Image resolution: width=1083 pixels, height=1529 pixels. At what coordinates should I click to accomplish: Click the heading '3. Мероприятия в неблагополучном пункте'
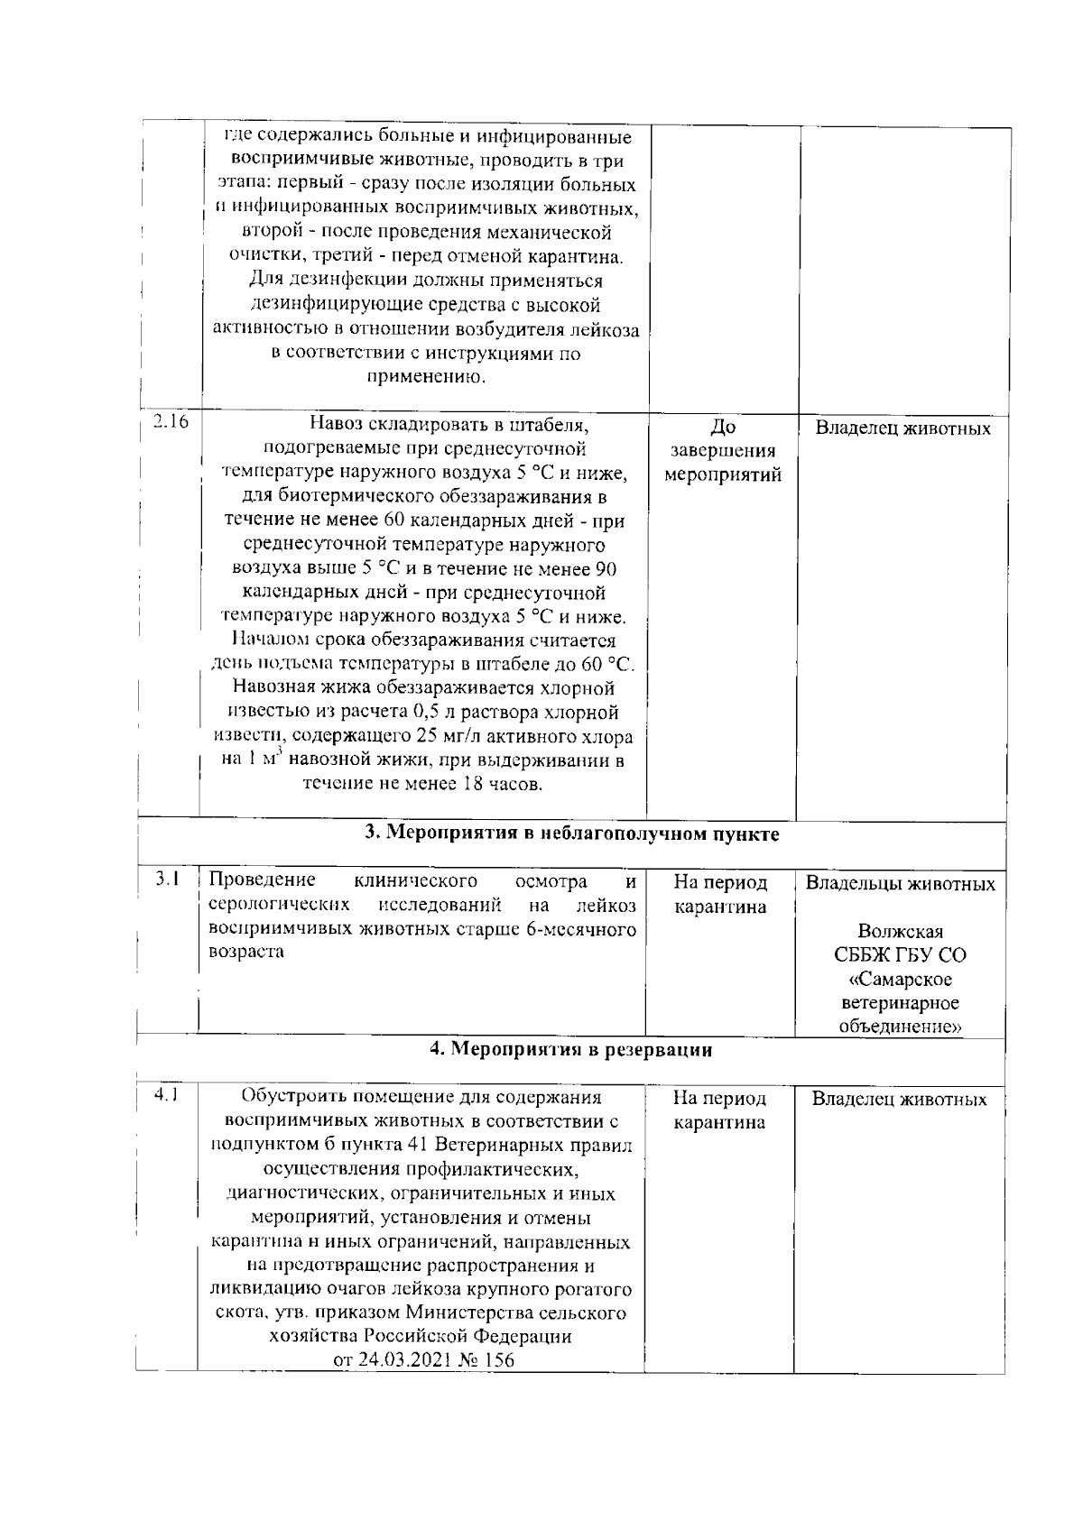point(571,834)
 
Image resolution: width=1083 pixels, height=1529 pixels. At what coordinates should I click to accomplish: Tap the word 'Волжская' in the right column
point(900,932)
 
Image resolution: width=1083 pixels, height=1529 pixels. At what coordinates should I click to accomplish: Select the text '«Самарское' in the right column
point(900,980)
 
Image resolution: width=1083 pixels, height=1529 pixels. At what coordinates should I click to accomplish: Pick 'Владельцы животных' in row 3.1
point(900,883)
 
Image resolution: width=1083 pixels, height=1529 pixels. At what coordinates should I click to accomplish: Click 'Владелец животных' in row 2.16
point(902,428)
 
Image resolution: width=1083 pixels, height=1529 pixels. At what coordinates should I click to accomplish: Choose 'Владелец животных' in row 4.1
point(899,1100)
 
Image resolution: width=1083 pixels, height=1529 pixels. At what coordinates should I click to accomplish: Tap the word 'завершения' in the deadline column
point(722,451)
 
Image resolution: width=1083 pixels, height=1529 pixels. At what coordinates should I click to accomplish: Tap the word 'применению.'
point(426,377)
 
